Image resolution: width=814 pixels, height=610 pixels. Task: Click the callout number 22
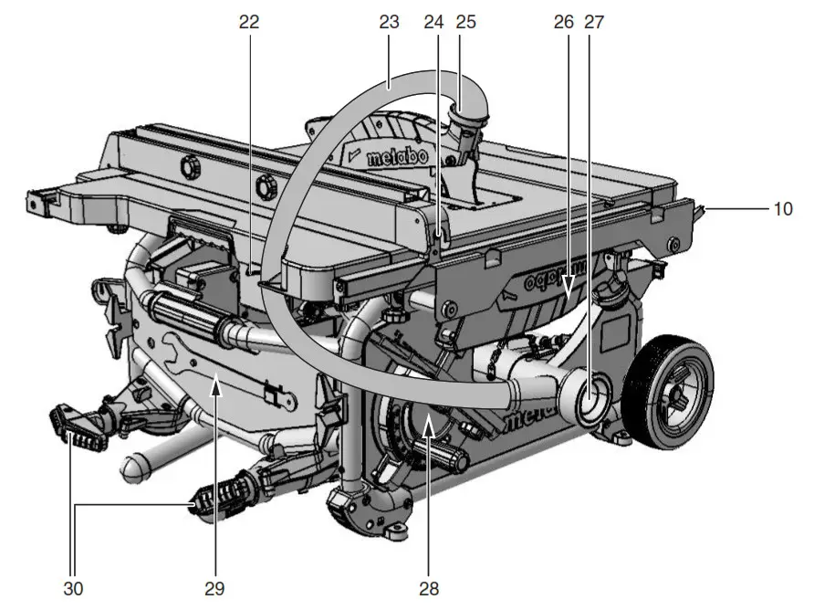point(249,22)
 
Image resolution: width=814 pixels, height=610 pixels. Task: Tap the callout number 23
point(390,22)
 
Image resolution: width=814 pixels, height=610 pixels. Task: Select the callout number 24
point(434,22)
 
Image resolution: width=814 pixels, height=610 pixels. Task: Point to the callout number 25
point(465,22)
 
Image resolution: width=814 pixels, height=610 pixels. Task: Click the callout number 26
point(563,22)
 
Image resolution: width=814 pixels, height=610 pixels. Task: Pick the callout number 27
point(594,22)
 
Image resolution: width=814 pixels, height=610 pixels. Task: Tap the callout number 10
point(783,209)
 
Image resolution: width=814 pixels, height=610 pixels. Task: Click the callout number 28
point(427,584)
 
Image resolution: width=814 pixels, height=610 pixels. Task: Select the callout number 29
point(215,584)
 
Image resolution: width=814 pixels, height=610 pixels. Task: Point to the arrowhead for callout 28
point(427,419)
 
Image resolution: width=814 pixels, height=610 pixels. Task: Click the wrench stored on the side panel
point(228,373)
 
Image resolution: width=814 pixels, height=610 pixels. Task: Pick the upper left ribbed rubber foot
point(78,427)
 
